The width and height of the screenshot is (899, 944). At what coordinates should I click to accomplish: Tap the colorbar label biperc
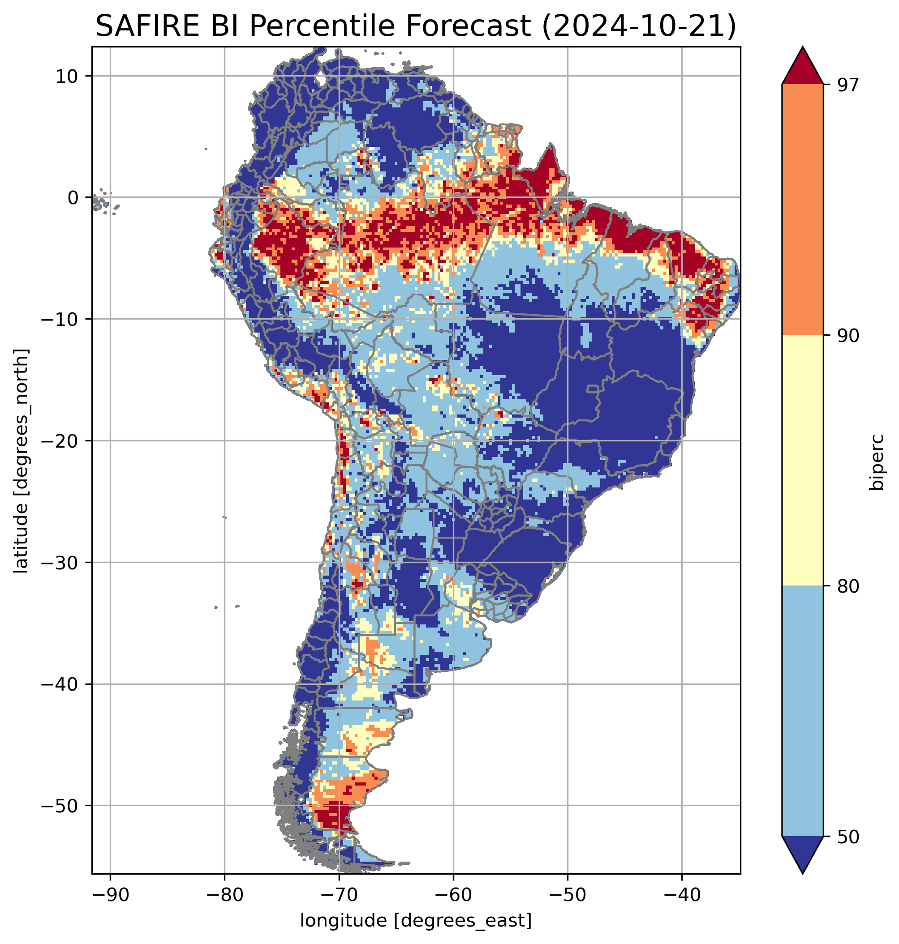[x=877, y=461]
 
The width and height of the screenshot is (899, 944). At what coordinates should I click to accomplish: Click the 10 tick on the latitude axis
[x=67, y=76]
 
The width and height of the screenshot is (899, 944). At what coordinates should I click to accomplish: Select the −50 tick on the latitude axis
[x=60, y=806]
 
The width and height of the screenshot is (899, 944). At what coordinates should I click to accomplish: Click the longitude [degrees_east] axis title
[x=416, y=920]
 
